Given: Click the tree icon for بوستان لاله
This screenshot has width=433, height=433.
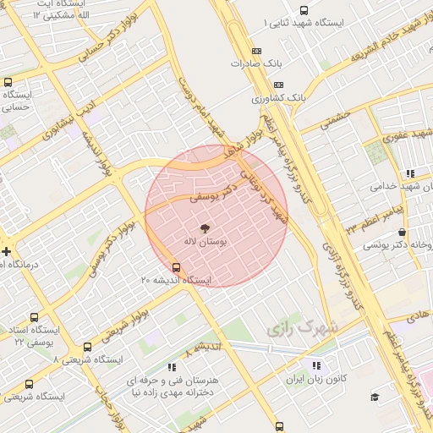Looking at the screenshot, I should pyautogui.click(x=203, y=227).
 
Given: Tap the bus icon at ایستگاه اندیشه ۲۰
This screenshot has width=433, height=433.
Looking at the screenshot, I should pyautogui.click(x=176, y=267).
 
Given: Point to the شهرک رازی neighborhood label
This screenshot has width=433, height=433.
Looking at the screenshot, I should pyautogui.click(x=302, y=326).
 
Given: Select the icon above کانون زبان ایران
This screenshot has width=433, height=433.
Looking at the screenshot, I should pyautogui.click(x=316, y=365).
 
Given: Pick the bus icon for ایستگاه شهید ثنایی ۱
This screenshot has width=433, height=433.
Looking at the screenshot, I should pyautogui.click(x=304, y=11).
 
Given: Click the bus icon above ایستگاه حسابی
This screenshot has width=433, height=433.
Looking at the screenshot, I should pyautogui.click(x=8, y=83).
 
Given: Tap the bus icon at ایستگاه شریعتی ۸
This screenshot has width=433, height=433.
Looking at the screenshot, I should pyautogui.click(x=88, y=347).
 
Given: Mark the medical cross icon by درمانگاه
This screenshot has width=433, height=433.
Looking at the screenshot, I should pyautogui.click(x=7, y=251).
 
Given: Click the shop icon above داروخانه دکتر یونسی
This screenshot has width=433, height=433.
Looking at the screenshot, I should pyautogui.click(x=402, y=232).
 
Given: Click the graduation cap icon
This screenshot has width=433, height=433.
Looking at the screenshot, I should pyautogui.click(x=375, y=397).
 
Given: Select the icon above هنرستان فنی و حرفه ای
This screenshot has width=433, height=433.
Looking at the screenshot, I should pyautogui.click(x=172, y=367).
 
